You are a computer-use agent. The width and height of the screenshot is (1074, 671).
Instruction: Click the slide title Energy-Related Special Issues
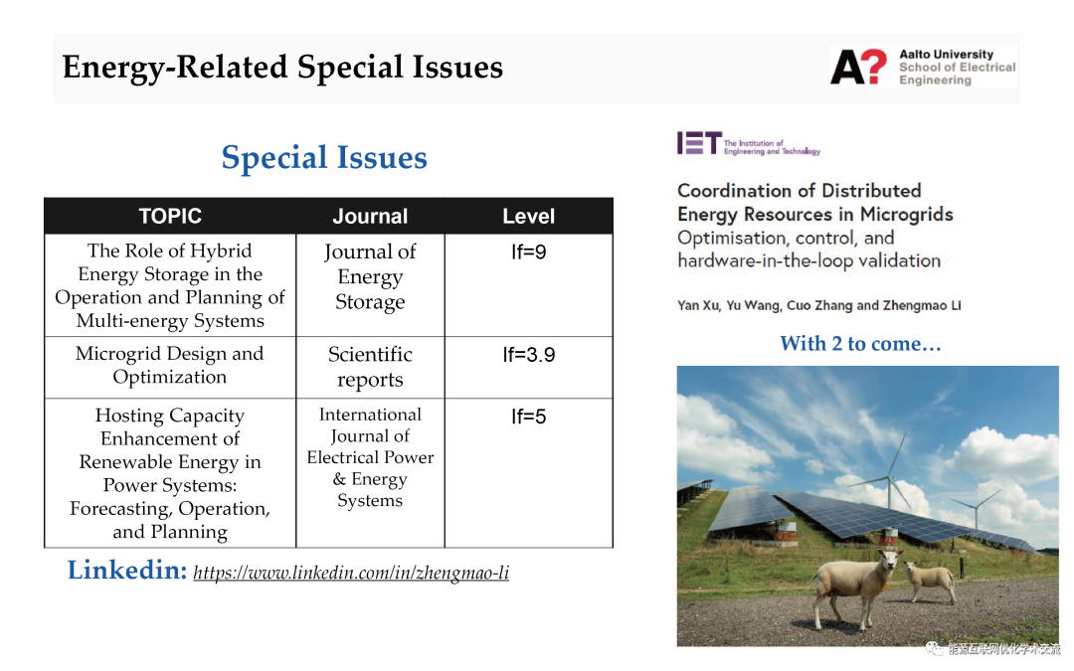[x=282, y=68]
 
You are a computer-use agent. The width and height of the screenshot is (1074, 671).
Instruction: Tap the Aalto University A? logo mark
[x=859, y=68]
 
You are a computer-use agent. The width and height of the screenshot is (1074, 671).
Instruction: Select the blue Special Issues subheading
[x=324, y=157]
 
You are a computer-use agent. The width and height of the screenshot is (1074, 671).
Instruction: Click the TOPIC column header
[x=170, y=217]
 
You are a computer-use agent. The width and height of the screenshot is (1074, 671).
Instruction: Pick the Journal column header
[x=370, y=217]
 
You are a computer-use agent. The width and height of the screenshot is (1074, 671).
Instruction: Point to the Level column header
[x=529, y=217]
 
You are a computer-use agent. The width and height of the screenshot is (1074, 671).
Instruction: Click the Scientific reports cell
[x=370, y=366]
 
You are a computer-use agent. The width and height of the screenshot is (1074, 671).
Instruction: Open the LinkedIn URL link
[x=351, y=573]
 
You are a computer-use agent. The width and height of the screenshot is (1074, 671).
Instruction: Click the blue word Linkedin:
[x=126, y=571]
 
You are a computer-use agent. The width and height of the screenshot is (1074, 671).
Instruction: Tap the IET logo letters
[x=699, y=143]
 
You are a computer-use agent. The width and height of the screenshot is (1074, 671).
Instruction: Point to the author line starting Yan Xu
[x=819, y=305]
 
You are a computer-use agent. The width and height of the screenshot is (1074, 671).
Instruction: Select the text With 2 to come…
[x=861, y=343]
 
